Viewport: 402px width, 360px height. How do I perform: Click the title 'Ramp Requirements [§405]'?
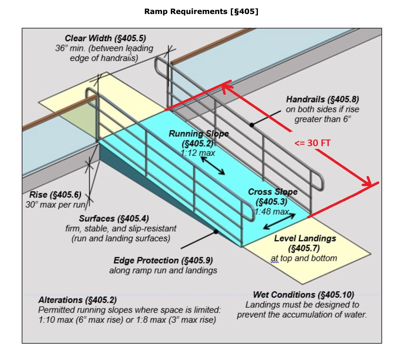pos(201,12)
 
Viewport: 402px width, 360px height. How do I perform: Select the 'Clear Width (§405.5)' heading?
pos(105,38)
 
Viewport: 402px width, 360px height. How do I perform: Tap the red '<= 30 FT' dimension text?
pos(312,143)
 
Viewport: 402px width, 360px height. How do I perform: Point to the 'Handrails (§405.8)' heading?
pos(322,99)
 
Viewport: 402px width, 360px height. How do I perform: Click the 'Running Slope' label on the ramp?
pos(199,134)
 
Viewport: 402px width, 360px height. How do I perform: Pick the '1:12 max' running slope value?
pos(198,153)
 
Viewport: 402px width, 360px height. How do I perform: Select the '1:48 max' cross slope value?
pos(271,211)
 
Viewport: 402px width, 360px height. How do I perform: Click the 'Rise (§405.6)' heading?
pos(55,195)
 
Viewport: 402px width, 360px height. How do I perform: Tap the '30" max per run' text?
pos(55,205)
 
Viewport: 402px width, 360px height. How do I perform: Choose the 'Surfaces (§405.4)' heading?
pos(114,219)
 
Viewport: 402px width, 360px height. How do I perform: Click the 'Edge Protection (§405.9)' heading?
pos(163,260)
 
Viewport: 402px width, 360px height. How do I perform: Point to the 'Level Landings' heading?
pos(305,238)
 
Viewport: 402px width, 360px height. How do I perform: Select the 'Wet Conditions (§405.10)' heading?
pos(303,295)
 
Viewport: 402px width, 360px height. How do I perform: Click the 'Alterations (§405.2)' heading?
pos(77,300)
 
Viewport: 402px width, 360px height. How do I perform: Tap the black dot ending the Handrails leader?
pos(252,125)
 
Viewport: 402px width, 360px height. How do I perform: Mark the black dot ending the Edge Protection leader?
pos(216,232)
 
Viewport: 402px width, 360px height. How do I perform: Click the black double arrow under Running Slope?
pos(213,166)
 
